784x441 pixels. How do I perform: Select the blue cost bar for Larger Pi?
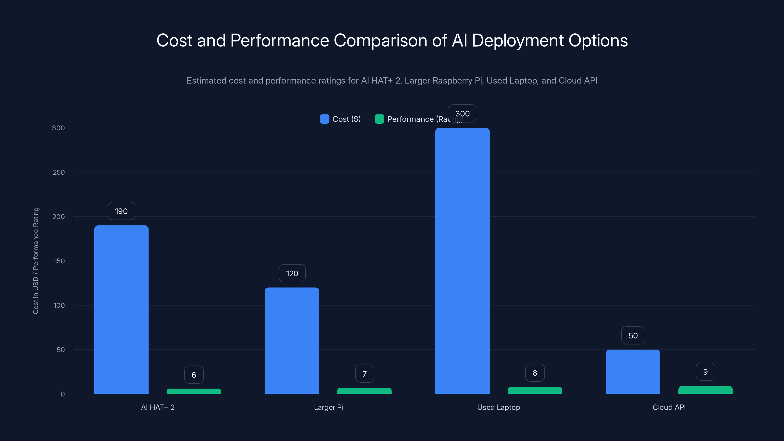pyautogui.click(x=292, y=340)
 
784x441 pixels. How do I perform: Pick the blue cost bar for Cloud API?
pyautogui.click(x=633, y=371)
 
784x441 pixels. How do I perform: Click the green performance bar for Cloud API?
pyautogui.click(x=705, y=390)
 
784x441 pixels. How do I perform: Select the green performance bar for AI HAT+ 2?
pyautogui.click(x=194, y=391)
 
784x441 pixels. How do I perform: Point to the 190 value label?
pyautogui.click(x=121, y=211)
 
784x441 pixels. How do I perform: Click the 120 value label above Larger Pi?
pyautogui.click(x=292, y=273)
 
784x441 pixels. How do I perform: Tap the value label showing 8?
pyautogui.click(x=535, y=373)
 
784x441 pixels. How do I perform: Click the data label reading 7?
pyautogui.click(x=364, y=374)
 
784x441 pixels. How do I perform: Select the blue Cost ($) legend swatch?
pyautogui.click(x=324, y=119)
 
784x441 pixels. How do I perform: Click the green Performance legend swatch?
pyautogui.click(x=379, y=119)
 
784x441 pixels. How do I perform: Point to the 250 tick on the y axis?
pyautogui.click(x=59, y=172)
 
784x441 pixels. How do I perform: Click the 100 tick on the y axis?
pyautogui.click(x=59, y=305)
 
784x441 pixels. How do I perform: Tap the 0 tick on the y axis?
pyautogui.click(x=63, y=394)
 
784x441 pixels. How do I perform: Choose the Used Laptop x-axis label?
pyautogui.click(x=498, y=407)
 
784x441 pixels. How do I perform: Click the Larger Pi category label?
pyautogui.click(x=328, y=407)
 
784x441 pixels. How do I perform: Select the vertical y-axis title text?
pyautogui.click(x=36, y=260)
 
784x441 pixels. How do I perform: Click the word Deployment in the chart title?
pyautogui.click(x=518, y=40)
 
